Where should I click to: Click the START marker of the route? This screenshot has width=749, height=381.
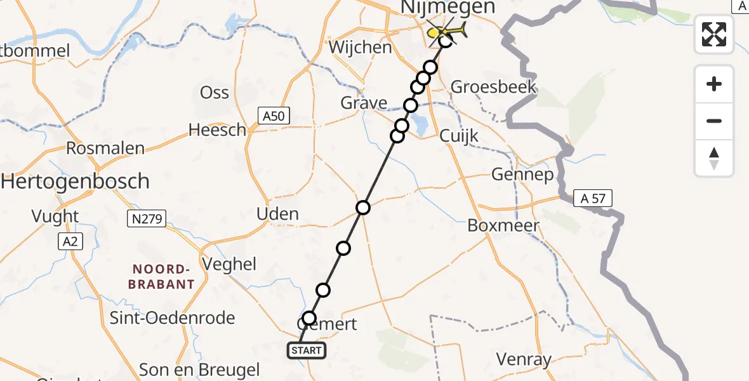308,351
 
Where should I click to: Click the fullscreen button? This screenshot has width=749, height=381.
714,34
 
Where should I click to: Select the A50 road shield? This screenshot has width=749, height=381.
274,116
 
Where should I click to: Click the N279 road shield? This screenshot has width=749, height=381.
147,220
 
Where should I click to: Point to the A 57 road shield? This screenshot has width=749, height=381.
593,199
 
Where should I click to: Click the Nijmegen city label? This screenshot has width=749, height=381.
447,8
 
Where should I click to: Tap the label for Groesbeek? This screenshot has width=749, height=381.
493,87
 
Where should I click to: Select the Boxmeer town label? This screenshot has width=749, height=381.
503,225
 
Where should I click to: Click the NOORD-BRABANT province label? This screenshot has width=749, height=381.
161,277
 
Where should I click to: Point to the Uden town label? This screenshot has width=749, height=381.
277,214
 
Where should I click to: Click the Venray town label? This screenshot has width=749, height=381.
524,360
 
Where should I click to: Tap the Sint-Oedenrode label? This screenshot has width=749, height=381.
173,318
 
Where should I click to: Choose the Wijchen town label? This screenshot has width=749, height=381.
360,48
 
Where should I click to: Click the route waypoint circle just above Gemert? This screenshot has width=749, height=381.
309,318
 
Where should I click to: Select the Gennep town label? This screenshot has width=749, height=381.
522,175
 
